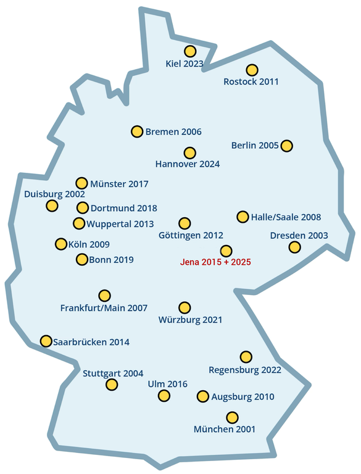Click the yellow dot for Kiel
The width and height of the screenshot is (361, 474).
(x=190, y=51)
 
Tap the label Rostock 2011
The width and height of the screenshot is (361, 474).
(x=251, y=81)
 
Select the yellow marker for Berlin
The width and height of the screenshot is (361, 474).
(x=286, y=146)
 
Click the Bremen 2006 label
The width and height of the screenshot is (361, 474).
(x=173, y=131)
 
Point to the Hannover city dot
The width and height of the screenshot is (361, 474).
(x=189, y=152)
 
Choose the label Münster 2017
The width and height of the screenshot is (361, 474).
(x=118, y=183)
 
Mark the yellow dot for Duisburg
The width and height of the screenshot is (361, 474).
(x=52, y=206)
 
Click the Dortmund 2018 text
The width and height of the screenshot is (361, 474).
(x=123, y=208)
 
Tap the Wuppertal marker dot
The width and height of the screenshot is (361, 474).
(x=79, y=223)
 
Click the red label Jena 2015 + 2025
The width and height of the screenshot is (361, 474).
(x=215, y=262)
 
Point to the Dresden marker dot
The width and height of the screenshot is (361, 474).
(x=295, y=247)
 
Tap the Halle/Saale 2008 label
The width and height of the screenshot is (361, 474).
(x=286, y=217)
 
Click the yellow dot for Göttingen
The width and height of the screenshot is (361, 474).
(x=184, y=223)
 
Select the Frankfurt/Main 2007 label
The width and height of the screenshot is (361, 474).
(x=104, y=307)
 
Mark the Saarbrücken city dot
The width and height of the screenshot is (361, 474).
(x=46, y=341)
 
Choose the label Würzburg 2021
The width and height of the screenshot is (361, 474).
(x=190, y=320)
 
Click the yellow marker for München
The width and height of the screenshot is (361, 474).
(x=232, y=417)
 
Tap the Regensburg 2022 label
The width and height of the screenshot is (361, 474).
(x=245, y=370)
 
